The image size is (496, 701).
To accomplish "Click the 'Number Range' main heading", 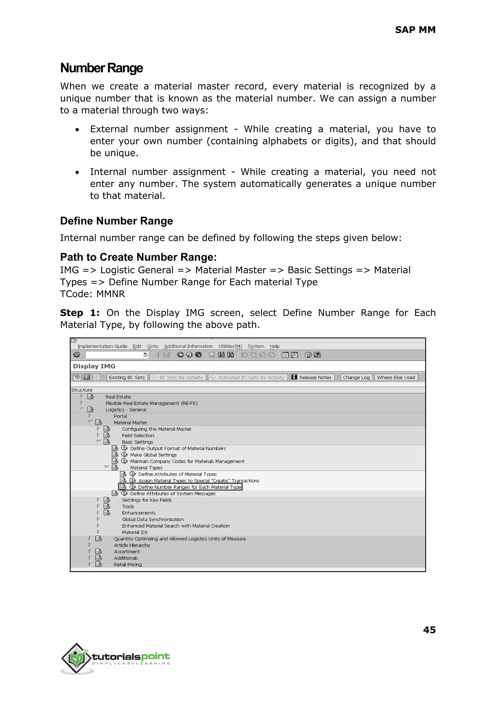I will (x=101, y=68).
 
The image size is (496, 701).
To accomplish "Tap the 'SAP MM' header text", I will (x=415, y=30).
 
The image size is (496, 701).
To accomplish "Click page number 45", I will (x=429, y=630).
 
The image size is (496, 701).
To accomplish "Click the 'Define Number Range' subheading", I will (x=116, y=221).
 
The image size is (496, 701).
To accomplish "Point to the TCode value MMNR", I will (x=111, y=294).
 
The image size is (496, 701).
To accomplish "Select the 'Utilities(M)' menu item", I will (x=230, y=346).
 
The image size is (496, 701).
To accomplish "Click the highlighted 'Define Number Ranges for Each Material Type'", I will (x=189, y=487).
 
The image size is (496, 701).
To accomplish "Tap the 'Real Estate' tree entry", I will (x=118, y=397).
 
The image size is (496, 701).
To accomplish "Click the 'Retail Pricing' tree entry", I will (x=128, y=564).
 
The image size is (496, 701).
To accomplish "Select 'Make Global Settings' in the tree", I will (x=153, y=455).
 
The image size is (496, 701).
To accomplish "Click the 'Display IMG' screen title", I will (x=94, y=366).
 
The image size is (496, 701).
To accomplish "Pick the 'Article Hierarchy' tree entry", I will (x=132, y=545).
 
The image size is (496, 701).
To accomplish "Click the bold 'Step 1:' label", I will (x=80, y=313).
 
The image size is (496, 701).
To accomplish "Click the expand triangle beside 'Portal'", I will (x=90, y=416).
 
